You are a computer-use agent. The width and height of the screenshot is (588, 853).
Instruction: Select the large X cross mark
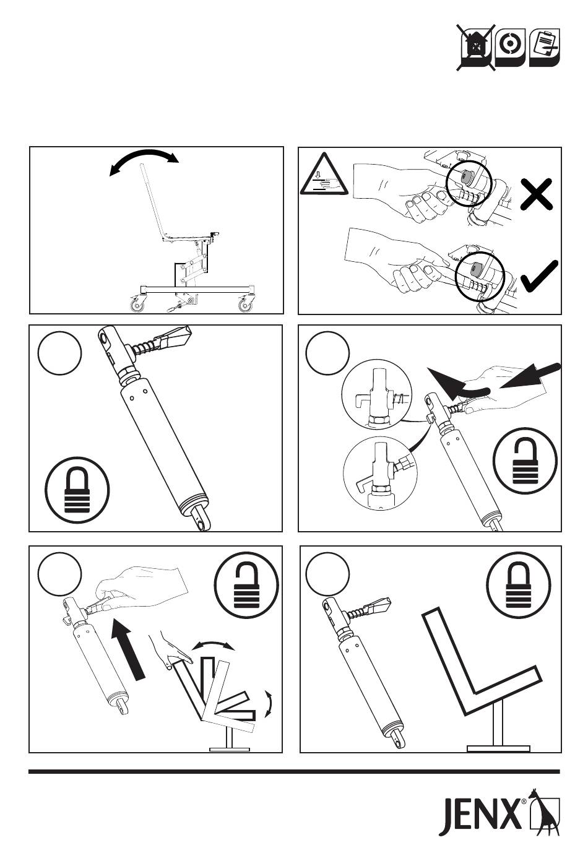pos(536,194)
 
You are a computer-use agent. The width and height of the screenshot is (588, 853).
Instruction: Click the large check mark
pos(539,277)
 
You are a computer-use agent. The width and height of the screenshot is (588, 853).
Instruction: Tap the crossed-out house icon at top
pos(475,47)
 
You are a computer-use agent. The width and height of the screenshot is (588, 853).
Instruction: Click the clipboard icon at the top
pos(545,47)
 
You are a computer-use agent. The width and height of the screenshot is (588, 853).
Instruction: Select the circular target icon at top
pos(510,47)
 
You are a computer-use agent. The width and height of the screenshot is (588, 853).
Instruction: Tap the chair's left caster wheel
pos(137,305)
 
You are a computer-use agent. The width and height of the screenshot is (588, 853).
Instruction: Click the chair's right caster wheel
pos(244,305)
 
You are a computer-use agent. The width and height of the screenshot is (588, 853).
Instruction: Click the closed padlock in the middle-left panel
pos(77,490)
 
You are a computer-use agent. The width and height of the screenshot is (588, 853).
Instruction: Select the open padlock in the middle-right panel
pos(525,461)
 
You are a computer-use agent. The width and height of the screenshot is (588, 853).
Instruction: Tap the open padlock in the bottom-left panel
pos(246,585)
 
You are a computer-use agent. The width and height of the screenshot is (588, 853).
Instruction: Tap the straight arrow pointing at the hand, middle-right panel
pos(530,376)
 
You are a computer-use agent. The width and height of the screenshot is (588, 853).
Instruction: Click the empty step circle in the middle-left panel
pos(60,353)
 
